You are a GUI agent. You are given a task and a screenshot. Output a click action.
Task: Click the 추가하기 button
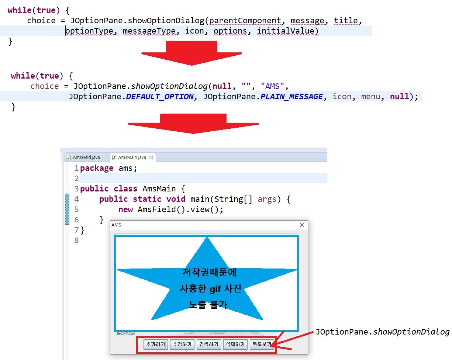[155, 345]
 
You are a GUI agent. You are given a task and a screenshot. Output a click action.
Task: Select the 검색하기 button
[208, 345]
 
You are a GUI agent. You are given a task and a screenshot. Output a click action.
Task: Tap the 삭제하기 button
[235, 345]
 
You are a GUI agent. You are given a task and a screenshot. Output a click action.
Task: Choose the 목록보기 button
[261, 345]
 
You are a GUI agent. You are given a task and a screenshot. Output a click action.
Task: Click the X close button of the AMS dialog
[302, 225]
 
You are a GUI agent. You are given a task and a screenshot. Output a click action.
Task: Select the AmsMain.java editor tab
[132, 157]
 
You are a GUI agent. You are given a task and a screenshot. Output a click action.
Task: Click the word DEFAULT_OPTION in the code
[159, 97]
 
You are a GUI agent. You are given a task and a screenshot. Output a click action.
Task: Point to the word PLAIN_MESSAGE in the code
[291, 97]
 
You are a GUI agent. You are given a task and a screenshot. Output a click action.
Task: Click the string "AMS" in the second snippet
[273, 86]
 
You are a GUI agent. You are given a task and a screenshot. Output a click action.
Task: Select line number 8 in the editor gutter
[76, 240]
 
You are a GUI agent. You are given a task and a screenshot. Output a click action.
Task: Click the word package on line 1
[97, 168]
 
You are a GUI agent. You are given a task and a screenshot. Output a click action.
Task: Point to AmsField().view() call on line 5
[180, 210]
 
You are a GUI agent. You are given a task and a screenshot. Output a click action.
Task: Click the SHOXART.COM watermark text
[125, 333]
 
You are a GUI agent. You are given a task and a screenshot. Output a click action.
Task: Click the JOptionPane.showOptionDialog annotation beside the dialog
[382, 332]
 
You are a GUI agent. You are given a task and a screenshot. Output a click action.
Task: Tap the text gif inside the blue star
[215, 289]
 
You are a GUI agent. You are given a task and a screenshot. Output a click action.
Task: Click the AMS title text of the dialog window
[116, 225]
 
